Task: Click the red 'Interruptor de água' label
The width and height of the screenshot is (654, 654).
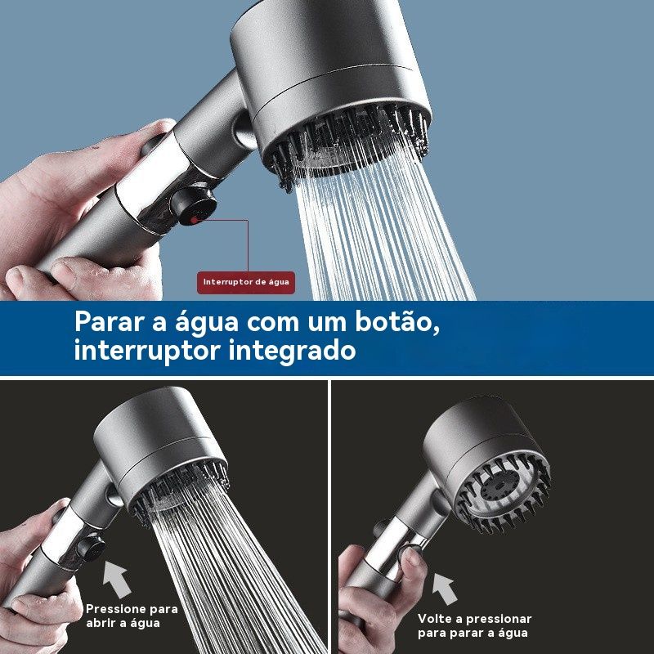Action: point(246,282)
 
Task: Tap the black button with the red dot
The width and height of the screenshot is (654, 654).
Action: point(194,206)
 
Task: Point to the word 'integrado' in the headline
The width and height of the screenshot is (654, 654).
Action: point(292,351)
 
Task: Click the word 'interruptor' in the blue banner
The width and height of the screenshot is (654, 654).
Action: point(147,351)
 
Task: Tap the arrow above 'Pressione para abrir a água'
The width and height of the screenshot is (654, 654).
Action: point(117,579)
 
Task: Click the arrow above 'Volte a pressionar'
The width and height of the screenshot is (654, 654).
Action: point(445,589)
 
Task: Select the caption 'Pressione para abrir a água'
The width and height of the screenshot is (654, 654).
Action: point(132,616)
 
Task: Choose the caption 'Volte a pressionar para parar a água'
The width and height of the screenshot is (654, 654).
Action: point(475,625)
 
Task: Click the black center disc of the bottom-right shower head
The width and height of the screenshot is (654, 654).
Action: point(499,486)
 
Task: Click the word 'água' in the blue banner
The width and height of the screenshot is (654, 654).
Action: point(206,322)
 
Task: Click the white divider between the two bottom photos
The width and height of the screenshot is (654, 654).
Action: point(329,517)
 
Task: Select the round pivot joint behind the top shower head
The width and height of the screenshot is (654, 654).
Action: point(245,130)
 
